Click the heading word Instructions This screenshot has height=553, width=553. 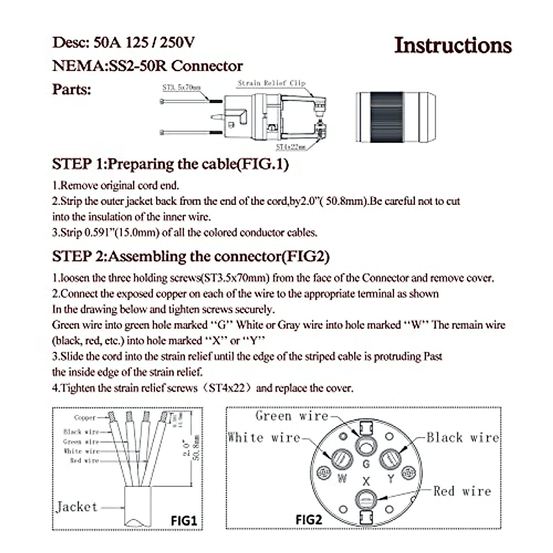pos(453,46)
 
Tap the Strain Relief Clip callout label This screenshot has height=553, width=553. pos(271,83)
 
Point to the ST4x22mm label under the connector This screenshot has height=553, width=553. pos(291,147)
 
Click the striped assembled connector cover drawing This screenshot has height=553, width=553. pos(395,117)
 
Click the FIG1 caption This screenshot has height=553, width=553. pos(184,521)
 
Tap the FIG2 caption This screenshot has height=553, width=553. pos(308,520)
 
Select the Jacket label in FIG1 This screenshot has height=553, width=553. pos(77,507)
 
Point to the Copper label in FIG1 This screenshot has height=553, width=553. pos(85,418)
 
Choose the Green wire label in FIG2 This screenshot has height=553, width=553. pos(292,416)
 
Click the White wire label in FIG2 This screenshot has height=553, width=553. pos(264,437)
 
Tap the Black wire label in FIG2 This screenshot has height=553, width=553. pos(463,437)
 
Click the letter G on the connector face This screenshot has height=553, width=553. pos(366,464)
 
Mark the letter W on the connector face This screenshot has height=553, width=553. pos(342,478)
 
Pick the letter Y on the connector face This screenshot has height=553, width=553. pos(391,478)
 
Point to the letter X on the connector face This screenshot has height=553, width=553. pos(366,482)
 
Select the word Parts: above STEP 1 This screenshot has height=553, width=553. pos(72,89)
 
